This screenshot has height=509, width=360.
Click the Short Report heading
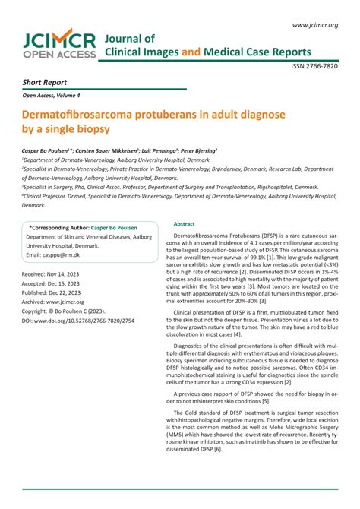click(x=44, y=82)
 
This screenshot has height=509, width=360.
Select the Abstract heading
click(x=185, y=224)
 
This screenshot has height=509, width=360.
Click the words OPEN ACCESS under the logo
click(x=60, y=55)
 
